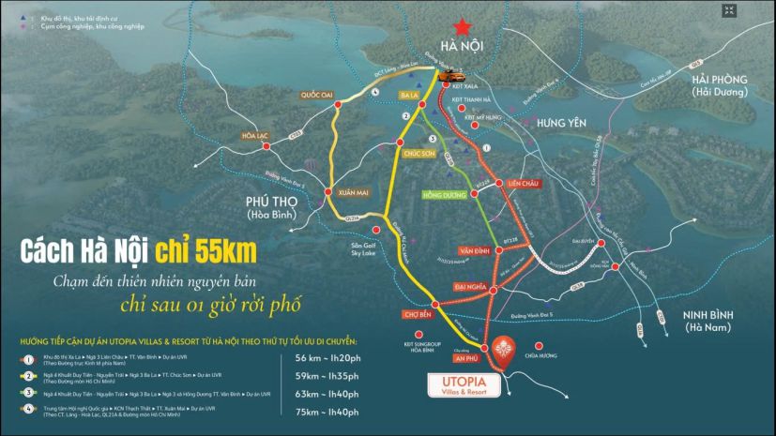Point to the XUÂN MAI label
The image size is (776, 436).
click(x=357, y=176)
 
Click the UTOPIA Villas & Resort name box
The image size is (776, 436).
click(x=462, y=386)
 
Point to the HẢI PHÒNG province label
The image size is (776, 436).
click(x=718, y=85)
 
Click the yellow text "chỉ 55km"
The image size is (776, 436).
click(x=206, y=251)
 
